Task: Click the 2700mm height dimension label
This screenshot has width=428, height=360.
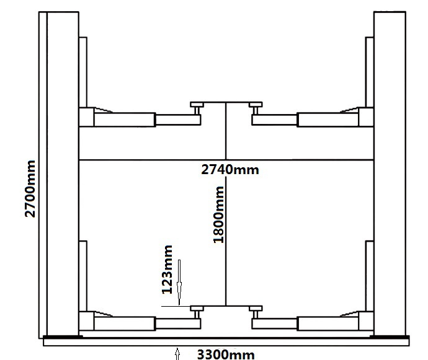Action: coord(30,189)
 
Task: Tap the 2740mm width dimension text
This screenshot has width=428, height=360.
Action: coord(230,170)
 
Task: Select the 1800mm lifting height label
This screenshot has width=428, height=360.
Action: coord(218,214)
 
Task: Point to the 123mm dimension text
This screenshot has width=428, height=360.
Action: coord(167,270)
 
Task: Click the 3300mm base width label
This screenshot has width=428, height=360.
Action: coord(226,354)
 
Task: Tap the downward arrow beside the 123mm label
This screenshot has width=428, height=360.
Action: coord(179,283)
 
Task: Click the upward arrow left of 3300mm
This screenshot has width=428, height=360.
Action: coord(177,354)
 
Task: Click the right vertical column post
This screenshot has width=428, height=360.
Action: coord(390,173)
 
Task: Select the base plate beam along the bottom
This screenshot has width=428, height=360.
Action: coord(226,342)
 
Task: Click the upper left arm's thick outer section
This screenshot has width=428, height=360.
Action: coord(125,120)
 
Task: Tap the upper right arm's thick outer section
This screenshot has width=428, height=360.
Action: coord(328,120)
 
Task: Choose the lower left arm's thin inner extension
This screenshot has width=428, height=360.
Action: coord(178,323)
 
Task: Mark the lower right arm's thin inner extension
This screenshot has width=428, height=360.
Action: coord(274,323)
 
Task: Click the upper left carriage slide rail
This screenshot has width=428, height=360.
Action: coord(83,72)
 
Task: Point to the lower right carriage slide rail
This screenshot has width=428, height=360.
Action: coord(370,276)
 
